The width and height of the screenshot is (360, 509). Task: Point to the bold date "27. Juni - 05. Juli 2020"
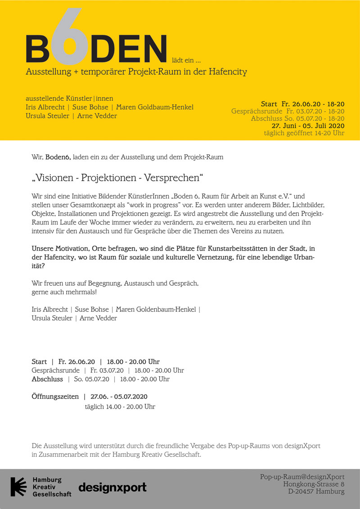(x=308, y=126)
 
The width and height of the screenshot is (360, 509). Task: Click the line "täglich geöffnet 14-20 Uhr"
(x=304, y=133)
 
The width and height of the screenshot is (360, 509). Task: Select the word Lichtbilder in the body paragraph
(x=308, y=205)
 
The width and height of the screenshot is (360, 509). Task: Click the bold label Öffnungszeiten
(x=55, y=396)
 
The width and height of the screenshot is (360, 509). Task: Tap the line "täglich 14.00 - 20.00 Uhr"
(x=120, y=406)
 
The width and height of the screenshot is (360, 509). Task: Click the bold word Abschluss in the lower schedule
(x=47, y=379)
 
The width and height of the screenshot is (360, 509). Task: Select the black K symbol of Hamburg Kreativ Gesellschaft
(x=19, y=486)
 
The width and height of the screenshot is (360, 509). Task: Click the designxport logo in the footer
(x=112, y=487)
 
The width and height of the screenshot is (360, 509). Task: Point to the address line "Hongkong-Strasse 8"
(x=314, y=484)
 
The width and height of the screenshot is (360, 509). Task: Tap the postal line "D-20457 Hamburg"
(x=316, y=491)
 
